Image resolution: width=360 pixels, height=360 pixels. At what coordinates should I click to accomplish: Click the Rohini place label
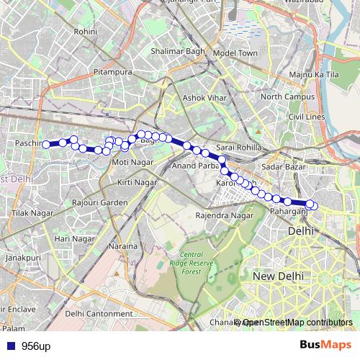pos(86,32)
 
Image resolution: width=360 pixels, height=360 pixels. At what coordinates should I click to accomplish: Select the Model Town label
pos(235,53)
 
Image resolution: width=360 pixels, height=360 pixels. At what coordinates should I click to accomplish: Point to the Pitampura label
pos(112,73)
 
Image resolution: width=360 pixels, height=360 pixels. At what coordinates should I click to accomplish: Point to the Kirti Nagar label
pos(136,183)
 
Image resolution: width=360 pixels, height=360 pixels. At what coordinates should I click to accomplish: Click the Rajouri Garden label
pos(99,203)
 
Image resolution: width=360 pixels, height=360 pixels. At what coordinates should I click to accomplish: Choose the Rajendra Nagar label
pos(225,215)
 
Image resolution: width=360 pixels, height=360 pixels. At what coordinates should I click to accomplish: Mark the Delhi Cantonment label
pos(99,313)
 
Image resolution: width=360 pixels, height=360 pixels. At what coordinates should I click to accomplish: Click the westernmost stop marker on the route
pos(46,145)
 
